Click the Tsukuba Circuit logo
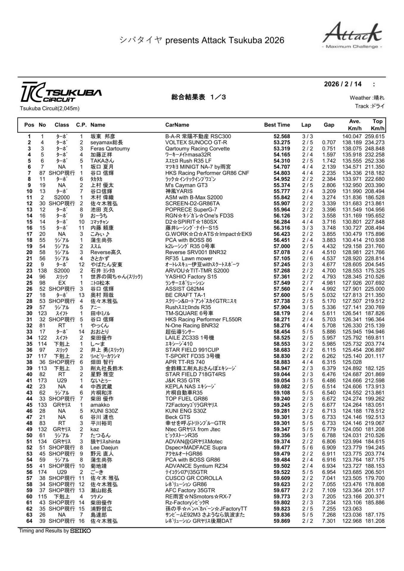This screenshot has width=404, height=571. (61, 92)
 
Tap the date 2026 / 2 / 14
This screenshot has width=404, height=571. (343, 84)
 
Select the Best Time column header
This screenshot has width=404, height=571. (277, 125)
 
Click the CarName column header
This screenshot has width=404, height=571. (177, 125)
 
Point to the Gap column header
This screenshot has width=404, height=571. (329, 125)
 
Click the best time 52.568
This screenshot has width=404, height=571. (281, 137)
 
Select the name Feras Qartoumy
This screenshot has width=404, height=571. (110, 149)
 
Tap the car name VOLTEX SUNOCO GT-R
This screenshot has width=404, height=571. (196, 142)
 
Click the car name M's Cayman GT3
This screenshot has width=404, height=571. (186, 185)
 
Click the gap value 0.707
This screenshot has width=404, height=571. (329, 142)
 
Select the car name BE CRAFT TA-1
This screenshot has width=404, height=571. (185, 295)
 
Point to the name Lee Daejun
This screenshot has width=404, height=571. (104, 448)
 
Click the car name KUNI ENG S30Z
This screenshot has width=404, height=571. (186, 411)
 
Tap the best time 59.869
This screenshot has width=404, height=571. (281, 521)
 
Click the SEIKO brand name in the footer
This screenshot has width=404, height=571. (80, 531)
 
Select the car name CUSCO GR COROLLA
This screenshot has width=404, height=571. (194, 478)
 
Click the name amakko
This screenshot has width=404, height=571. (100, 405)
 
